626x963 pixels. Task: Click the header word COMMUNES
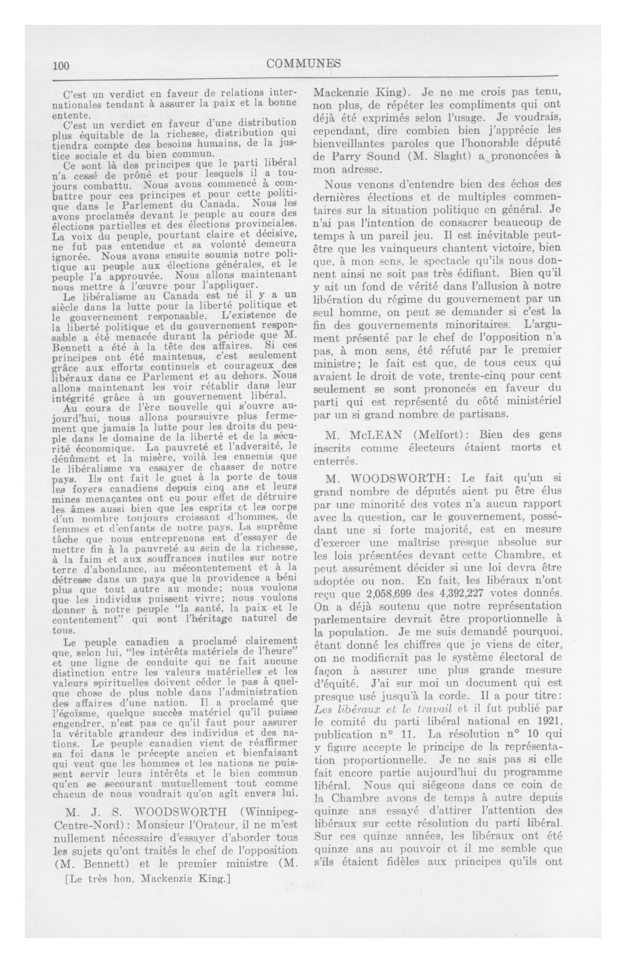point(304,64)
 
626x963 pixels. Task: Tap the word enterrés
point(335,461)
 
